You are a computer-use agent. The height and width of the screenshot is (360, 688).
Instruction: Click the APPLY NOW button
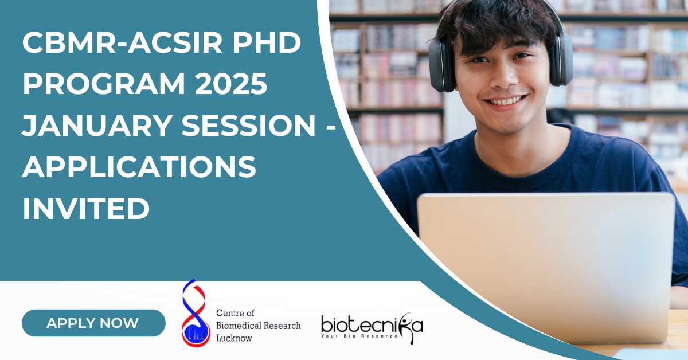93,323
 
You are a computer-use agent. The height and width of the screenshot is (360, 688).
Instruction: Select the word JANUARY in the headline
97,125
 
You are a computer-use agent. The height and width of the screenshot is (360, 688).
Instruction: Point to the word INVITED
86,209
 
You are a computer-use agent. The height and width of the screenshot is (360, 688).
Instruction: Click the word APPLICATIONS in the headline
139,167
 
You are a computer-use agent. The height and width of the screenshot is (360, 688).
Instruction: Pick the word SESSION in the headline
248,125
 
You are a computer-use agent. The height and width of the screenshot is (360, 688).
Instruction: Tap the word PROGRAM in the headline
104,84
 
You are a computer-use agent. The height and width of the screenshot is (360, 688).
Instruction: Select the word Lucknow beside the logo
234,338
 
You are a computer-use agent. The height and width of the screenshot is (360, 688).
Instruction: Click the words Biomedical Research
259,326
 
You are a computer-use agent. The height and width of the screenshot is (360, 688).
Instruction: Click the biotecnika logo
372,328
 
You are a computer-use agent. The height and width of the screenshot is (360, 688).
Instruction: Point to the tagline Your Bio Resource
359,336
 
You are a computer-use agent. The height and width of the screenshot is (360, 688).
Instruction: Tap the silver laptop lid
546,267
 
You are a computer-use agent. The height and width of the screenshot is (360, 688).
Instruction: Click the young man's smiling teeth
504,101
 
